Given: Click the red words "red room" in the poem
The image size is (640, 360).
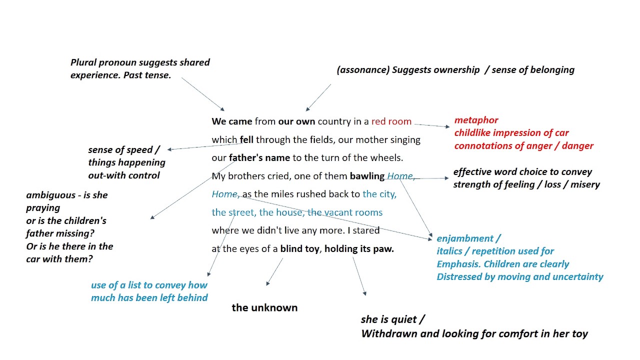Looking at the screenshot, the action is tap(391, 121).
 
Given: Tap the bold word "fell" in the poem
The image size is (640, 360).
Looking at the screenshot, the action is tap(246, 140).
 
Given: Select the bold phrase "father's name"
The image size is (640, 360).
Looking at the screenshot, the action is tap(259, 158).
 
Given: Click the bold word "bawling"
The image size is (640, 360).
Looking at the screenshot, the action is tap(367, 176).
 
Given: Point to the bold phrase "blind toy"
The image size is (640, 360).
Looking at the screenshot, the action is tap(299, 248).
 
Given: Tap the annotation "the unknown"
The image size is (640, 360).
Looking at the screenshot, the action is tap(264, 308).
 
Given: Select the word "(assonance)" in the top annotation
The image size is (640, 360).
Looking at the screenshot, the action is tap(363, 70).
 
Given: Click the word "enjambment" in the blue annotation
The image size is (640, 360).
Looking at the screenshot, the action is tap(465, 238).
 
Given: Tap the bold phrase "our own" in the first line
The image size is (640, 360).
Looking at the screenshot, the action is tap(296, 121).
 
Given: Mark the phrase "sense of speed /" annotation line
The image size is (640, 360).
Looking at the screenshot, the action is tap(124, 150).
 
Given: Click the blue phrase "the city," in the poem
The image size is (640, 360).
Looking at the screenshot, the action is tap(379, 194).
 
